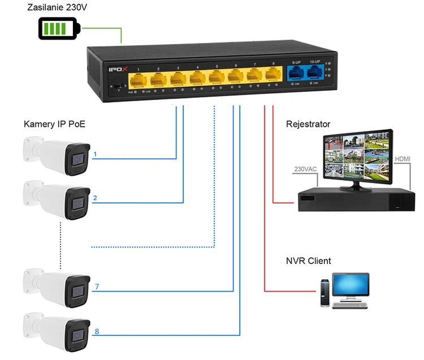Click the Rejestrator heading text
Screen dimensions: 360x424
(x=308, y=124)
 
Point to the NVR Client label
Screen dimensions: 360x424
(x=309, y=261)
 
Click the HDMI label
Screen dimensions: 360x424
(x=403, y=159)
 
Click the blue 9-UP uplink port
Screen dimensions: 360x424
(x=295, y=73)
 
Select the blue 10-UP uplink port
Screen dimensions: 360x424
(x=314, y=73)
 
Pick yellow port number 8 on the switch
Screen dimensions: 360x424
(x=273, y=74)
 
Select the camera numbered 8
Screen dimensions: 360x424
(x=57, y=329)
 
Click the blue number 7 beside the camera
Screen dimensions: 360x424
(x=97, y=287)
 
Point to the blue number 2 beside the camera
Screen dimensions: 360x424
(x=95, y=198)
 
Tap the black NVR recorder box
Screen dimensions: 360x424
(x=356, y=198)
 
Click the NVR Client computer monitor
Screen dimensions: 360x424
(x=350, y=287)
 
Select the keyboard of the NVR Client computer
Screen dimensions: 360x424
(x=351, y=305)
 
